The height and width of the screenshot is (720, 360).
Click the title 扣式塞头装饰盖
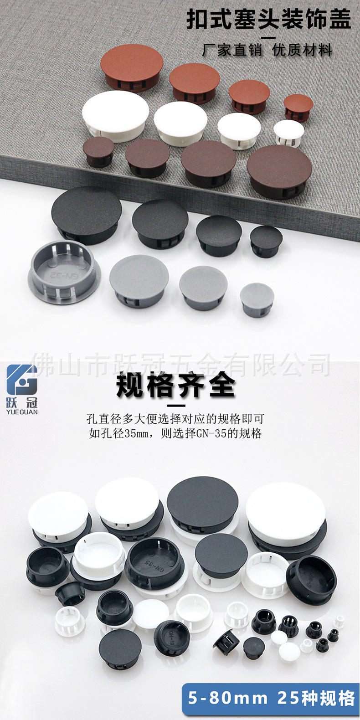tap(269, 20)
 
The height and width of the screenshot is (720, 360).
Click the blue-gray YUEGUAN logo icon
tap(22, 380)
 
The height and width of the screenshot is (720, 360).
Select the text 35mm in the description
tap(137, 433)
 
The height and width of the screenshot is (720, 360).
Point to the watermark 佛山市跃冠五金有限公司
tap(182, 365)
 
